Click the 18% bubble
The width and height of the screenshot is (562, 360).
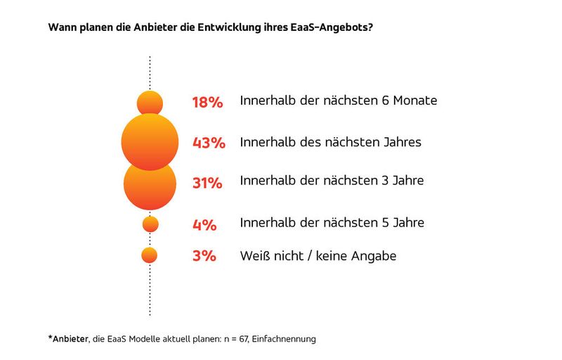click(x=150, y=103)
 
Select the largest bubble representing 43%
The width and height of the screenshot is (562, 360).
click(x=149, y=142)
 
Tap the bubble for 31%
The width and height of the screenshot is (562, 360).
click(x=150, y=184)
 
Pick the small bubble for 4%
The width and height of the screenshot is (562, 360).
click(x=150, y=224)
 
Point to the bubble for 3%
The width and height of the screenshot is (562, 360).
click(x=150, y=255)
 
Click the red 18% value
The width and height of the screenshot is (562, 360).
click(x=207, y=103)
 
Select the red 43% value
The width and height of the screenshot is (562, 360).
click(x=209, y=143)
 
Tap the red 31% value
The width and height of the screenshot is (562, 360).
click(x=207, y=184)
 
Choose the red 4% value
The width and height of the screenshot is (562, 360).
click(x=204, y=225)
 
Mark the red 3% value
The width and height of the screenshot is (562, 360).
click(x=204, y=256)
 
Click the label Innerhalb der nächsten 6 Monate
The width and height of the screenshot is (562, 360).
click(x=339, y=101)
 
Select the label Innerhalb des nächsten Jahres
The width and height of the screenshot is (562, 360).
click(x=330, y=142)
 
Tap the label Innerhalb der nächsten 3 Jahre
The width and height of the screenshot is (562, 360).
click(x=332, y=181)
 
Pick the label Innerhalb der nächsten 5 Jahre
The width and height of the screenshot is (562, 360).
click(x=332, y=222)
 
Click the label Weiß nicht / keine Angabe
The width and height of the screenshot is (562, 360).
click(x=318, y=256)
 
